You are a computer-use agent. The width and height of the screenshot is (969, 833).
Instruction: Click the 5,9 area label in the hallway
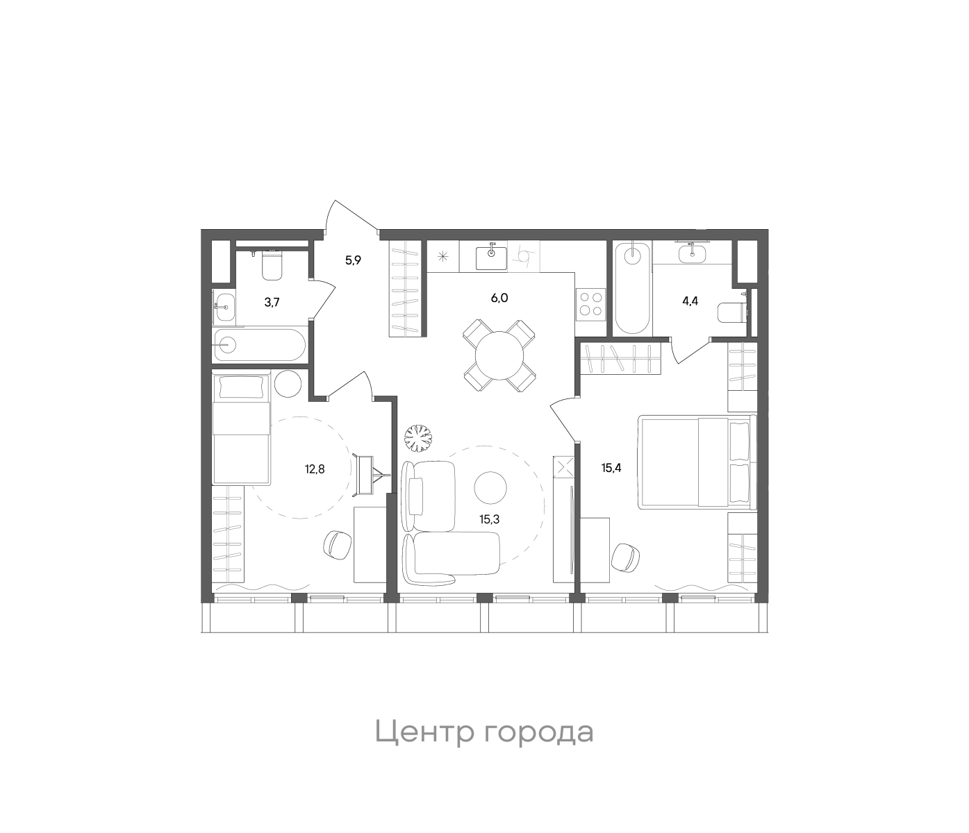click(x=354, y=261)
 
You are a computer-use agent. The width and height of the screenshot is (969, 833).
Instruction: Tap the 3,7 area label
click(x=272, y=302)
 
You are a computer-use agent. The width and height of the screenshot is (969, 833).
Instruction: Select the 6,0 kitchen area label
click(x=499, y=298)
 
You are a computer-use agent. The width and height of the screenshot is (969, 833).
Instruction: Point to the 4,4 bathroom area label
click(x=690, y=302)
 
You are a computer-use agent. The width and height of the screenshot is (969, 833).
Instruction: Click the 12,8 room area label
click(x=315, y=469)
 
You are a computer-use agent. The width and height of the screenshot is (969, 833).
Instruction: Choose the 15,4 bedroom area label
click(x=611, y=468)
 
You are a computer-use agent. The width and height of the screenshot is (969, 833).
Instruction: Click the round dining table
click(x=499, y=355)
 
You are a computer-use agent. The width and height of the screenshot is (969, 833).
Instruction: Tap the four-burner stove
click(x=591, y=303)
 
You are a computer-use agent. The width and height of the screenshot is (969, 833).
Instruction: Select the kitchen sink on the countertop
click(x=492, y=257)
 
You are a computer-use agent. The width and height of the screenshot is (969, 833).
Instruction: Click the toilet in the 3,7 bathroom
click(x=272, y=264)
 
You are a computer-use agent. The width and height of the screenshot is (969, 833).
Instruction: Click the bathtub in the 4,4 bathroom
click(x=633, y=288)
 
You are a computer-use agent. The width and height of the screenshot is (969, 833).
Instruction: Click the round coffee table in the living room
click(x=491, y=487)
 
